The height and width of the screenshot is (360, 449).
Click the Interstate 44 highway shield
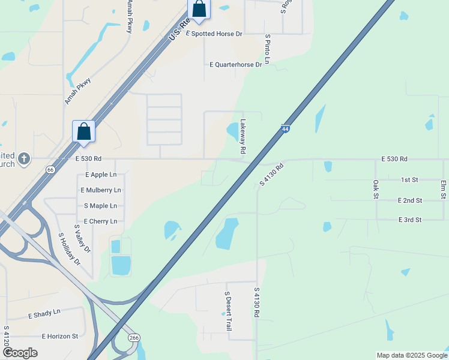pyautogui.click(x=285, y=128)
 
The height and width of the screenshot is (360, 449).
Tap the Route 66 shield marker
pyautogui.click(x=50, y=170)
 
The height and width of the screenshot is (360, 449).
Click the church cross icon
pyautogui.click(x=23, y=158)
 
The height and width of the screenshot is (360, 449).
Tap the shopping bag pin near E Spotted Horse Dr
pyautogui.click(x=199, y=10)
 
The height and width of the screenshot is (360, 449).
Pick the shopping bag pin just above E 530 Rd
pyautogui.click(x=83, y=132)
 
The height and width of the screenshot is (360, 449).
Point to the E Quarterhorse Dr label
pyautogui.click(x=235, y=64)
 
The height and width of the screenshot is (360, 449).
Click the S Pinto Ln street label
pyautogui.click(x=268, y=49)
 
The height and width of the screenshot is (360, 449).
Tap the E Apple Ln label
pyautogui.click(x=100, y=175)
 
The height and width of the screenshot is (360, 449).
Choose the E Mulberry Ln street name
pyautogui.click(x=100, y=190)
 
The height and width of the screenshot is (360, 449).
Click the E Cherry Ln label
pyautogui.click(x=100, y=221)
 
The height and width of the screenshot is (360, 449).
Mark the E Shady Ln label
pyautogui.click(x=44, y=313)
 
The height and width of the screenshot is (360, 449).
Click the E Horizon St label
pyautogui.click(x=60, y=337)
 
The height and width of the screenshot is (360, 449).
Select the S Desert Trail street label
pyautogui.click(x=228, y=311)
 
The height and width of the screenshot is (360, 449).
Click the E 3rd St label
pyautogui.click(x=409, y=220)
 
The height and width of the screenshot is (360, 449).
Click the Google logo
pyautogui.click(x=20, y=353)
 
